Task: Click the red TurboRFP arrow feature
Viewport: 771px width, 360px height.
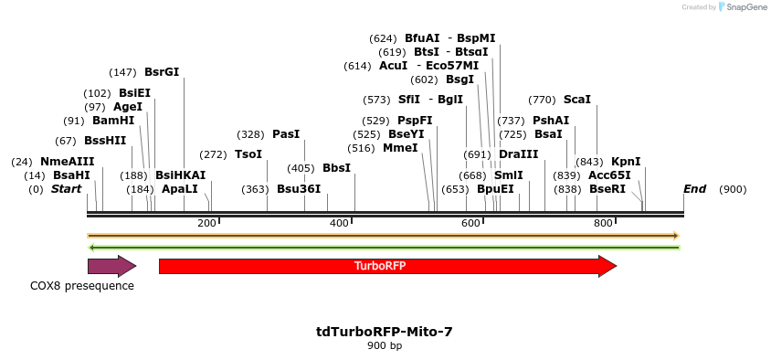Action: point(387,266)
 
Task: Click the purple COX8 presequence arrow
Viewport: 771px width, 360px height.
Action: point(111,266)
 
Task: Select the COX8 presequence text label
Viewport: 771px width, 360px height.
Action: point(82,286)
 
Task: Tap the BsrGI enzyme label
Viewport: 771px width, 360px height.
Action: point(162,72)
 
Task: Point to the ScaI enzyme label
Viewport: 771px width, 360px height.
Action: point(577,100)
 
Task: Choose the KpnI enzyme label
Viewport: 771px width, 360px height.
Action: point(626,162)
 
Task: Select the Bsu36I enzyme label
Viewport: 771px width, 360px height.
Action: point(299,189)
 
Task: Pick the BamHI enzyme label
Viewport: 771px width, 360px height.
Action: point(113,121)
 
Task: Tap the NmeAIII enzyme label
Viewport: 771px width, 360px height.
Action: point(68,162)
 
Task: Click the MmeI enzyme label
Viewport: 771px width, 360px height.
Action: point(400,148)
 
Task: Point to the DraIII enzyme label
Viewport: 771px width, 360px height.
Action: point(519,154)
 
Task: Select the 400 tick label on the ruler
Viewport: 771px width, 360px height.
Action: point(340,223)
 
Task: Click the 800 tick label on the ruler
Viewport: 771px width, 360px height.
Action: point(604,223)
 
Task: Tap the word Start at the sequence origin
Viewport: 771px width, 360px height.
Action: point(66,189)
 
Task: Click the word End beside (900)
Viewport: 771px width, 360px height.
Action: point(694,189)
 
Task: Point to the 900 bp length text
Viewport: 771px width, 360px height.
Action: point(385,346)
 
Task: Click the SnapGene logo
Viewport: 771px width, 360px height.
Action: point(742,7)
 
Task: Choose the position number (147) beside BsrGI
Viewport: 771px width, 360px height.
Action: point(122,72)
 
